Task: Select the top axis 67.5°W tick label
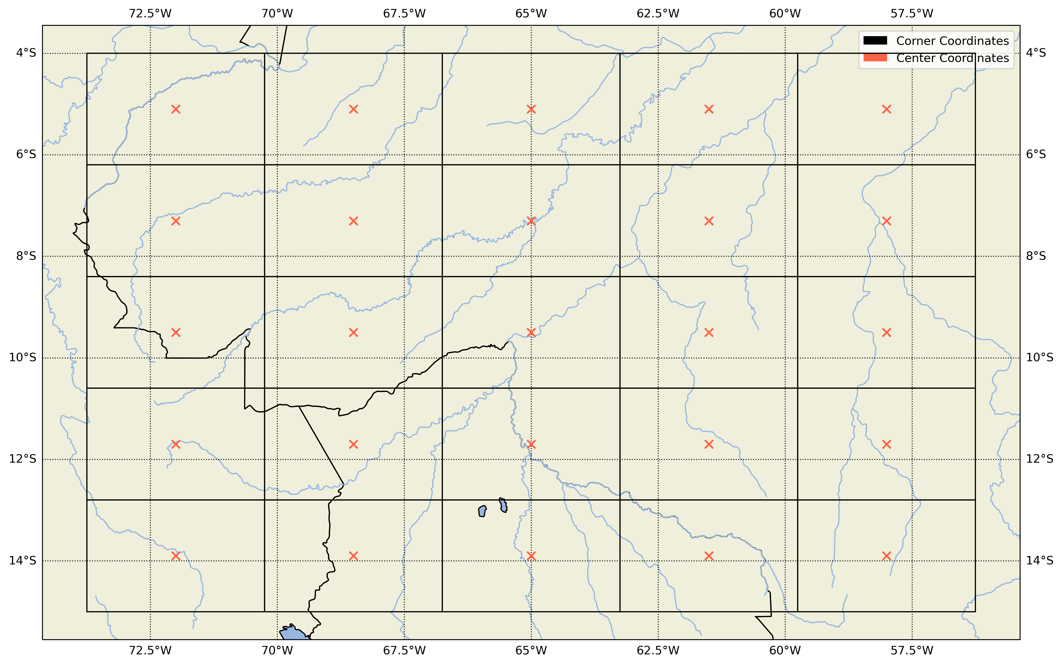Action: tap(404, 14)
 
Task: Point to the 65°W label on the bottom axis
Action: tap(531, 650)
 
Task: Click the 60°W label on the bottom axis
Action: tap(785, 650)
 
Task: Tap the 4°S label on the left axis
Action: tap(26, 53)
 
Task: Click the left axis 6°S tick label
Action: tap(26, 154)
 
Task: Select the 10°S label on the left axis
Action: tap(23, 358)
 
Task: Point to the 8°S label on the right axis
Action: tap(1036, 256)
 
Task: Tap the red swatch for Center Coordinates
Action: tap(875, 58)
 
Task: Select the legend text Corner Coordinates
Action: tap(952, 41)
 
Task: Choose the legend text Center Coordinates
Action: tap(952, 58)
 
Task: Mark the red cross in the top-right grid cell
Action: tap(887, 109)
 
